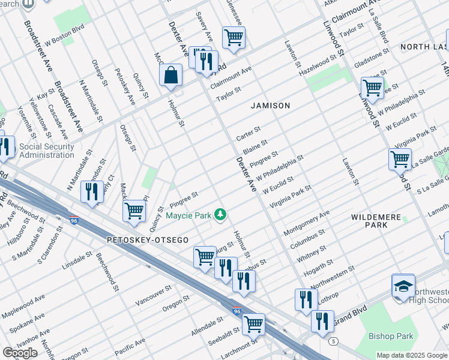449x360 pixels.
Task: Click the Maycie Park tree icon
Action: (x=221, y=215)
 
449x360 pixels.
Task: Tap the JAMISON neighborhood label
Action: (x=270, y=106)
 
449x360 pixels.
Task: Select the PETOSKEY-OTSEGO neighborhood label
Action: (x=148, y=240)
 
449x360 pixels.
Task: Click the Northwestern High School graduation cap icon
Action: (x=403, y=286)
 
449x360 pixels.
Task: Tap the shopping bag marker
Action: (x=171, y=75)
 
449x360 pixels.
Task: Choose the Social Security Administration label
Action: (x=47, y=151)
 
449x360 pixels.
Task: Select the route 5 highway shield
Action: (x=333, y=341)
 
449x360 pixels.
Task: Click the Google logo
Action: (x=20, y=353)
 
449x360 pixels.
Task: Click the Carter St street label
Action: (x=249, y=133)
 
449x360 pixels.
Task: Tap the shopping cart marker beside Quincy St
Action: (x=134, y=211)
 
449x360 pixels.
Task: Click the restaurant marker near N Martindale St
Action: (x=91, y=192)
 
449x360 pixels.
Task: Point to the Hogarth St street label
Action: (x=319, y=264)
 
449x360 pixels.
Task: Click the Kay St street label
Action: (x=46, y=95)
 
